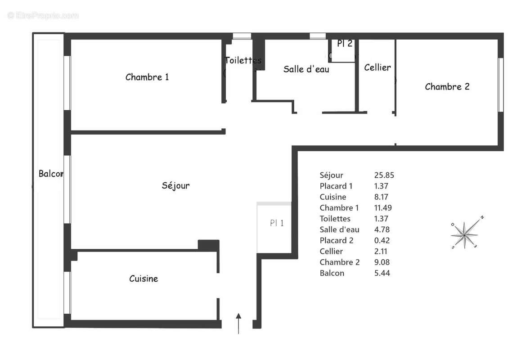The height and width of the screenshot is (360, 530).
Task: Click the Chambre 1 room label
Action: click(147, 77)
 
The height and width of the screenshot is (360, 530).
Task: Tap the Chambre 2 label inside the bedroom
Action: click(447, 87)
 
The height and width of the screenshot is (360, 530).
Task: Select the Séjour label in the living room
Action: click(175, 185)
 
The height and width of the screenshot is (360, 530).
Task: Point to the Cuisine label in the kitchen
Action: click(144, 279)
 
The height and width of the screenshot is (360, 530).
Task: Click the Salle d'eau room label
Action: click(306, 69)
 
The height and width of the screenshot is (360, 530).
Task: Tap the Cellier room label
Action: click(377, 67)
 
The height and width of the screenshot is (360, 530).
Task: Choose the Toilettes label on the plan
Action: click(243, 60)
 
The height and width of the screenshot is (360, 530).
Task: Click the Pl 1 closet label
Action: click(277, 223)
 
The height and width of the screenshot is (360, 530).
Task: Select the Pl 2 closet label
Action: click(345, 44)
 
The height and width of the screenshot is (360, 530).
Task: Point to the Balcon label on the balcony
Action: click(50, 174)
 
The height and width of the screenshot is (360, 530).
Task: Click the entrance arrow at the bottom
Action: click(238, 323)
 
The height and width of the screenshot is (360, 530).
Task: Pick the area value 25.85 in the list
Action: click(384, 175)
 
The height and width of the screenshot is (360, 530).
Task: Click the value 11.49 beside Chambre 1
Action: click(384, 208)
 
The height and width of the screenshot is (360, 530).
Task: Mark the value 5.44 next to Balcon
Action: click(382, 273)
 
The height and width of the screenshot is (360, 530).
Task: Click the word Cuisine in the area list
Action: click(332, 197)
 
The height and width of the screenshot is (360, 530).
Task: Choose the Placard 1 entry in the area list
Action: click(336, 186)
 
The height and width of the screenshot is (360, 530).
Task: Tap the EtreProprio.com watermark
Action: click(43, 16)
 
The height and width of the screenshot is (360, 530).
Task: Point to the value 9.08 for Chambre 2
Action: click(382, 262)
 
